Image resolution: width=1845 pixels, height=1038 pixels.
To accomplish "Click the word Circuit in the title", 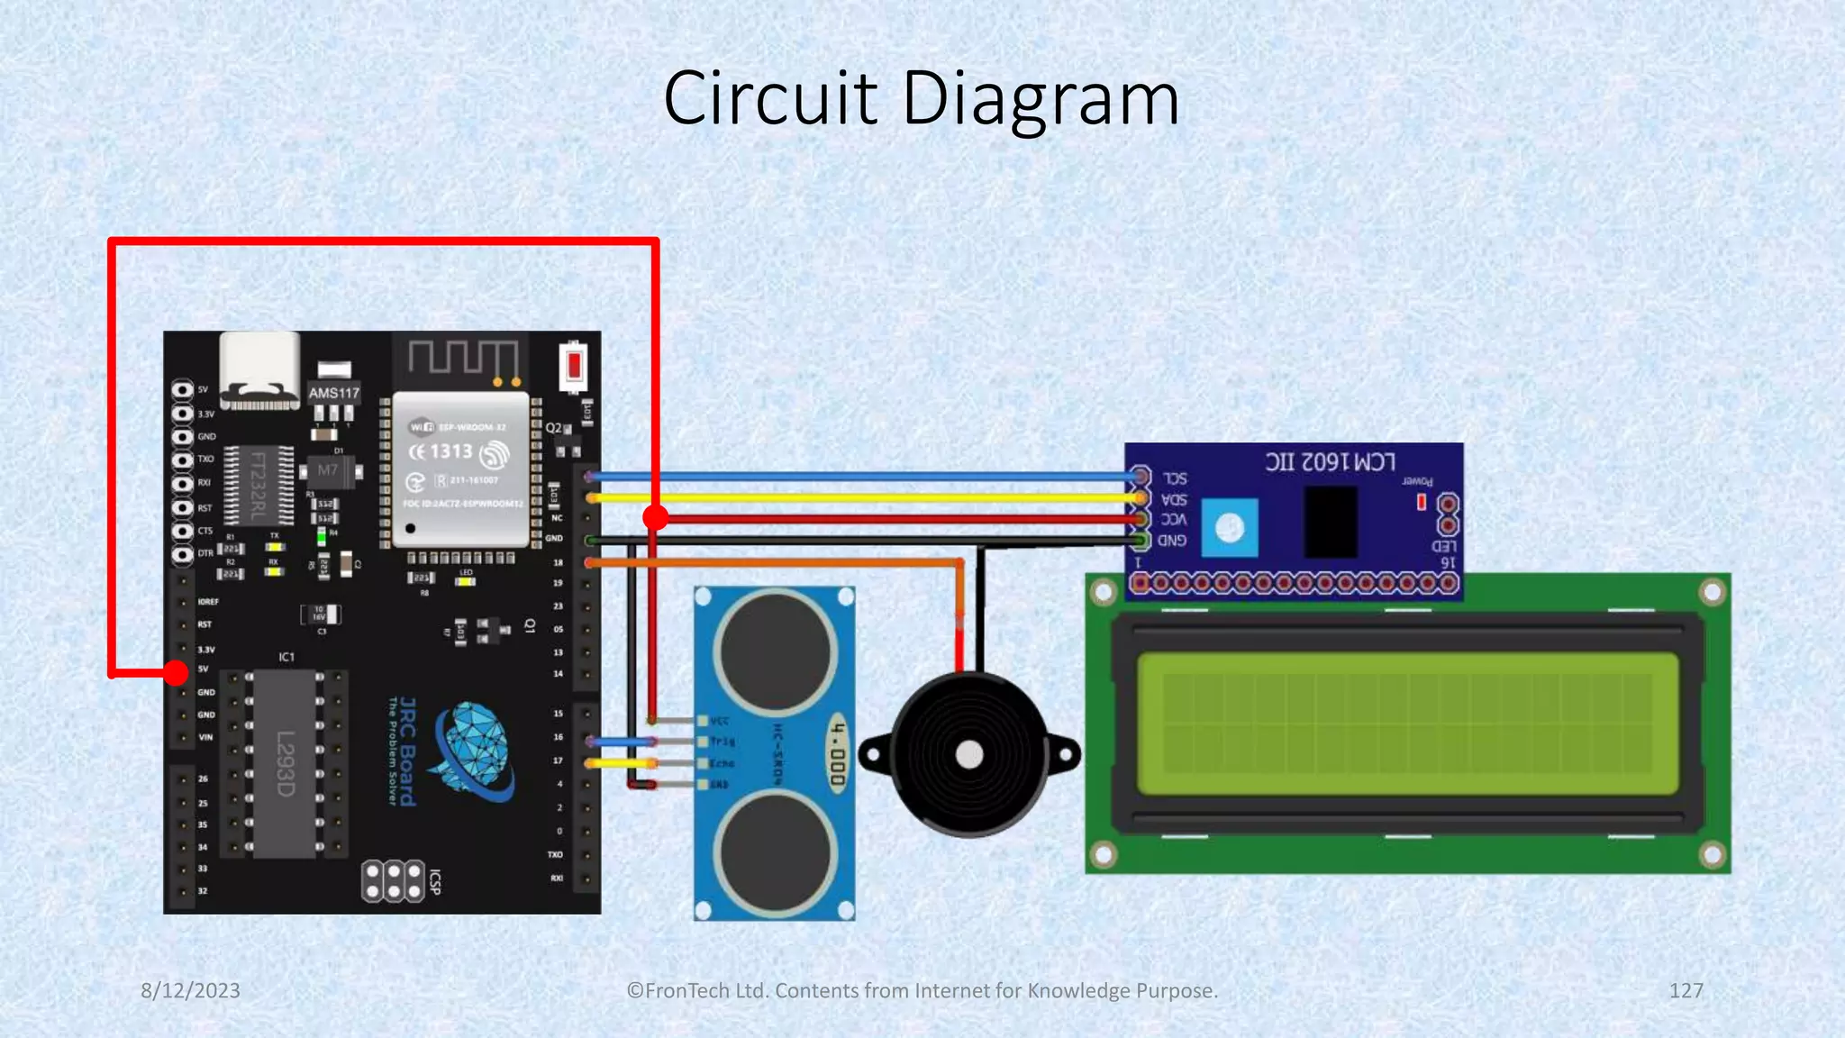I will click(x=770, y=98).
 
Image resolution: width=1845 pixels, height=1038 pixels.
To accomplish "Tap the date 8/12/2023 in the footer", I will click(x=190, y=990).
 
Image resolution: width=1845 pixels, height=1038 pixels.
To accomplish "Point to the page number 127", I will click(x=1686, y=990).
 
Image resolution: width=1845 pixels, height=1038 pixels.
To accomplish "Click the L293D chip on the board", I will click(x=285, y=764).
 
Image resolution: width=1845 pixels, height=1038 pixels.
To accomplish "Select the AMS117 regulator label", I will click(x=334, y=393).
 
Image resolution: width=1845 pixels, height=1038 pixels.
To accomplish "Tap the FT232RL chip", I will click(x=259, y=486).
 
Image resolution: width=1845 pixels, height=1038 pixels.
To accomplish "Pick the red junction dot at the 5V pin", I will click(x=176, y=672).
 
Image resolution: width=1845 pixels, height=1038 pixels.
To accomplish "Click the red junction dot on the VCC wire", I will click(x=656, y=517).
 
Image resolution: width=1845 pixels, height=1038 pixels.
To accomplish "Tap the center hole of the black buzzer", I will click(x=969, y=755).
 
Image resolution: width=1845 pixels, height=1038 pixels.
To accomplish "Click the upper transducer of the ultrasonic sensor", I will click(x=775, y=651).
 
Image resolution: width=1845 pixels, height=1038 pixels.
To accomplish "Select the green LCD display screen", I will click(x=1407, y=724).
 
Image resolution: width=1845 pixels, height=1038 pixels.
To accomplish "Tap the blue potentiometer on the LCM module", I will click(x=1230, y=528).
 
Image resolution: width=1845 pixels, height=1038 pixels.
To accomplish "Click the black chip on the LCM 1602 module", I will click(x=1331, y=522).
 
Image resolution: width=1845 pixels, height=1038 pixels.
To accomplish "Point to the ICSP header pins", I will click(x=393, y=881).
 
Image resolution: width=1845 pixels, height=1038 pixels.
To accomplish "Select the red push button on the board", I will click(x=574, y=366).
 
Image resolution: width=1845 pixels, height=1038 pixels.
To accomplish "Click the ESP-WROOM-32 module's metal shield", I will click(x=461, y=469).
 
